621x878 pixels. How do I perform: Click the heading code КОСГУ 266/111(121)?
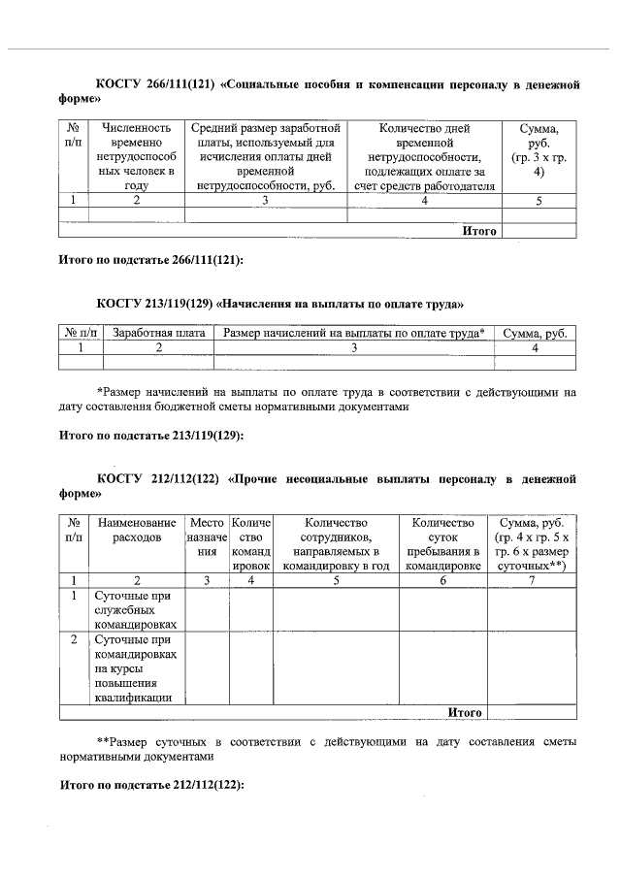(x=156, y=85)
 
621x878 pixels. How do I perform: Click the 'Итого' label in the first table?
(x=479, y=231)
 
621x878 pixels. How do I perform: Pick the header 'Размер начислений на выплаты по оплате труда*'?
(x=353, y=334)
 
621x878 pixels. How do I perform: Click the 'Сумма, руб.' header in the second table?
(x=535, y=334)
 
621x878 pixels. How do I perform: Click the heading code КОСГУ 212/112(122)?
(x=156, y=478)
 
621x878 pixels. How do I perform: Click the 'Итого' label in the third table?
(x=465, y=712)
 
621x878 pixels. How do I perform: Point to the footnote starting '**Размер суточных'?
(x=320, y=748)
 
